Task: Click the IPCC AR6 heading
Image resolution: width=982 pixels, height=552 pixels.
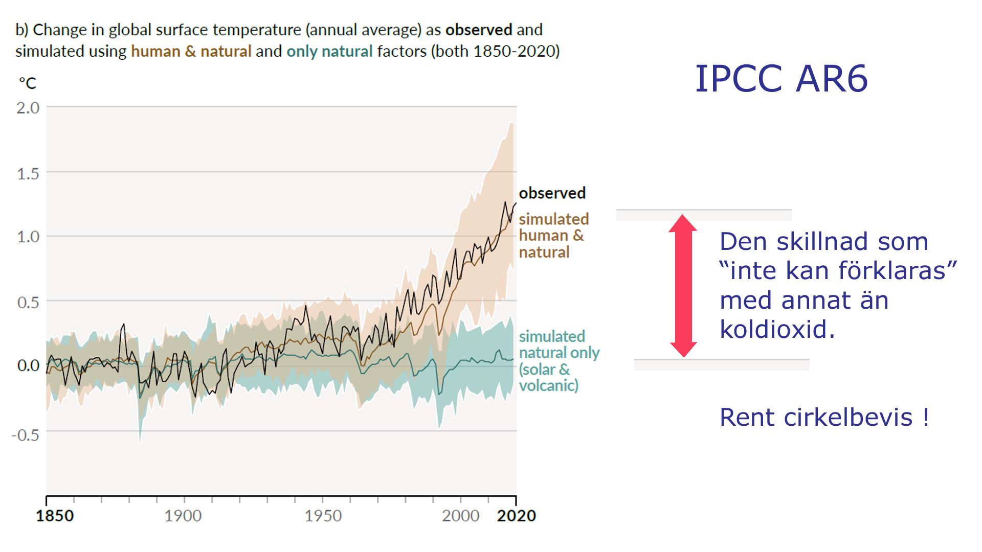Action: [781, 79]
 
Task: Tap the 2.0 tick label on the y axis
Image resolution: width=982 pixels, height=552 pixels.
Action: [28, 108]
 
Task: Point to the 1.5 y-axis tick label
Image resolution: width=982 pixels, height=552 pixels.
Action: [28, 174]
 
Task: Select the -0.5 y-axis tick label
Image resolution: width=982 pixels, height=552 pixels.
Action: [26, 435]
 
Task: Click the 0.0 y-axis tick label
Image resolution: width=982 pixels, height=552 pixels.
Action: [28, 365]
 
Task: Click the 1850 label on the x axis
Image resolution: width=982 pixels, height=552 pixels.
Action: [55, 516]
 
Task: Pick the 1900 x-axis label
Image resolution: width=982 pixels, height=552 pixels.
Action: [183, 516]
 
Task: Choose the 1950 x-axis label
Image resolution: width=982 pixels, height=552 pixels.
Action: [323, 516]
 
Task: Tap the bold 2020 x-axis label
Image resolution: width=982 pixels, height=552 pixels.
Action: [517, 516]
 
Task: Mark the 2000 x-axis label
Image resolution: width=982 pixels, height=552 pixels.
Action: [460, 516]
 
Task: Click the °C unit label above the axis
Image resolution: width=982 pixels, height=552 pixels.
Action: [28, 83]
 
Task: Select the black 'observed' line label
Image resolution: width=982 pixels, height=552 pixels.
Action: [552, 193]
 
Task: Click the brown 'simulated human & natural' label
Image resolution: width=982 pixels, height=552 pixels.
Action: [553, 236]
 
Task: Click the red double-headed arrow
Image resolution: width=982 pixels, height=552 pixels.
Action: [683, 286]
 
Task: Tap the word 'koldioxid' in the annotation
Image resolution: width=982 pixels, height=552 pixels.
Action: [776, 330]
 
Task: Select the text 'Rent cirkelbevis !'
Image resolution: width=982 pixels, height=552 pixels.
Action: [824, 418]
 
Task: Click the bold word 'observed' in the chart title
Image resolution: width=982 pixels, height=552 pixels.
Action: [479, 30]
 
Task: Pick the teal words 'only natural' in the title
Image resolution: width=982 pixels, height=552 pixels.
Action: [329, 52]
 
